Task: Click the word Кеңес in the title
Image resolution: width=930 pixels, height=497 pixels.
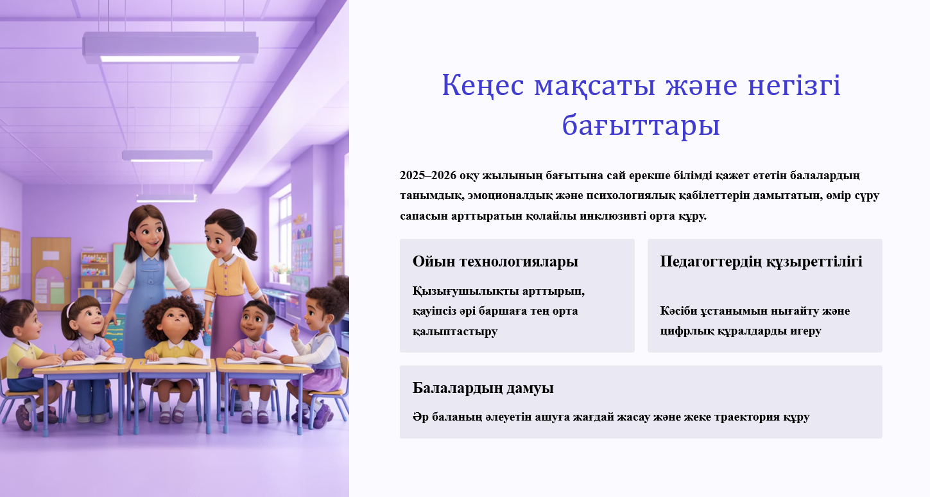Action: (483, 85)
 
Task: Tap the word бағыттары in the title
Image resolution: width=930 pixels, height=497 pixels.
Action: (641, 125)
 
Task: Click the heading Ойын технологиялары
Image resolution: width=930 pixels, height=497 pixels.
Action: (495, 261)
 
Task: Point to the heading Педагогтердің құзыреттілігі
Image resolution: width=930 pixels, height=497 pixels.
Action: (761, 261)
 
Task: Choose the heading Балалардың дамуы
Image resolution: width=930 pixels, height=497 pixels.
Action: (483, 388)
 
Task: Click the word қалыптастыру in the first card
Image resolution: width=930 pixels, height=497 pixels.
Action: (455, 331)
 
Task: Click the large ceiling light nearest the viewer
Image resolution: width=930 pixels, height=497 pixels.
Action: (170, 48)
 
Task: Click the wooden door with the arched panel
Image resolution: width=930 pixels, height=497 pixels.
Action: (51, 274)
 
